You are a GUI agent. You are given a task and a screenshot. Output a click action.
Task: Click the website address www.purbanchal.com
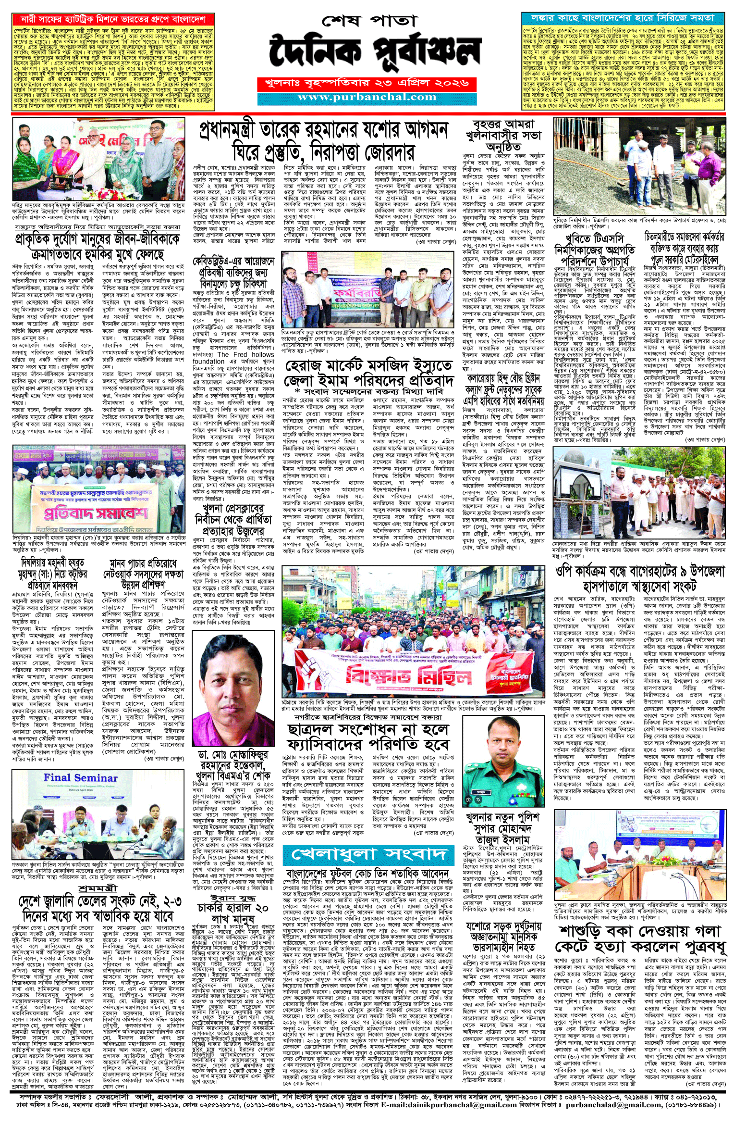367,97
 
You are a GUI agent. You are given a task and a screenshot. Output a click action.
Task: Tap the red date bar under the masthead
367,83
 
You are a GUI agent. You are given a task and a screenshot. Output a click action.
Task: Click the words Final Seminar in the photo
80,777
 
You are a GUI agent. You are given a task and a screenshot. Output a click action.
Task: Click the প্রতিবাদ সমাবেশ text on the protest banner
96,513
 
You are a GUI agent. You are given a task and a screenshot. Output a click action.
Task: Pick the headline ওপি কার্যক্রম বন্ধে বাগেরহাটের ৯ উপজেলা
639,579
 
